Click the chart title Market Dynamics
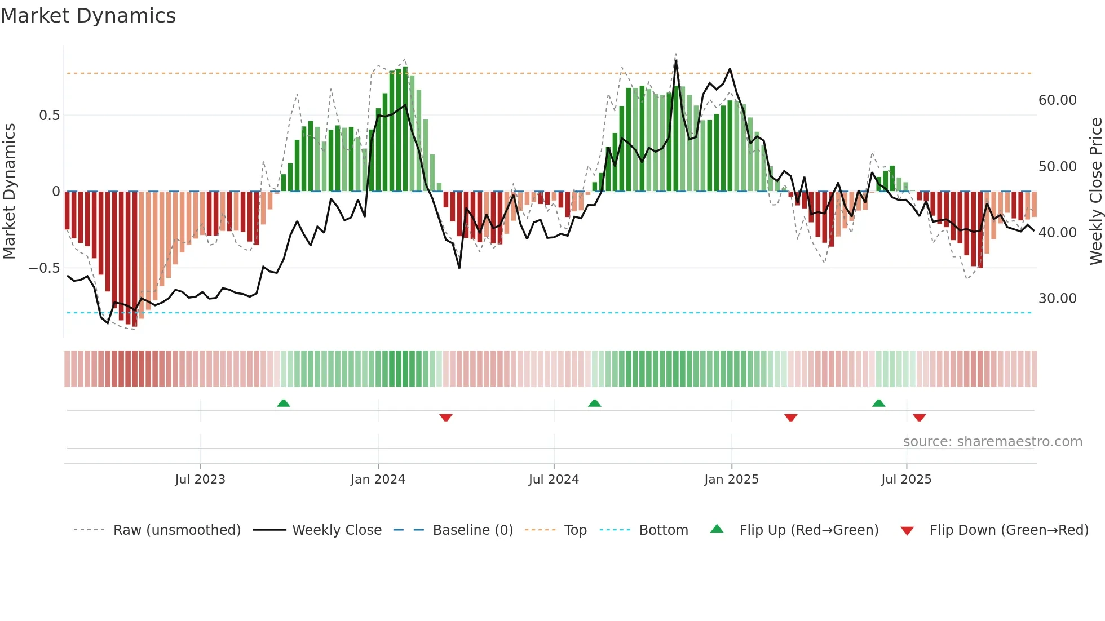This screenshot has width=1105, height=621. (88, 16)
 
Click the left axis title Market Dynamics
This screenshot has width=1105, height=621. (9, 192)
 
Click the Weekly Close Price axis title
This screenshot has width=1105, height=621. (1095, 192)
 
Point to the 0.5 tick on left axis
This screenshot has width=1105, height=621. (49, 116)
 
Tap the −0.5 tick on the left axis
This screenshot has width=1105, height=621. (45, 268)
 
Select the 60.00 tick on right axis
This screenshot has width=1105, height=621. (1057, 100)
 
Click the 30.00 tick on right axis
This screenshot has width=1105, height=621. (1057, 299)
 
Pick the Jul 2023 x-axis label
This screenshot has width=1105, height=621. (200, 480)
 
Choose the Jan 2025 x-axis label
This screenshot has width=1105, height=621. (731, 480)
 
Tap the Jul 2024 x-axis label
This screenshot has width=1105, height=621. (554, 480)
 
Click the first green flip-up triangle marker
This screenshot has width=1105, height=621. (284, 403)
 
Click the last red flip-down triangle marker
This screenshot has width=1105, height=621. (920, 418)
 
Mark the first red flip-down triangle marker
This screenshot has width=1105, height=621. (446, 418)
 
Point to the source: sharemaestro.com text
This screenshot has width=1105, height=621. (992, 442)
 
